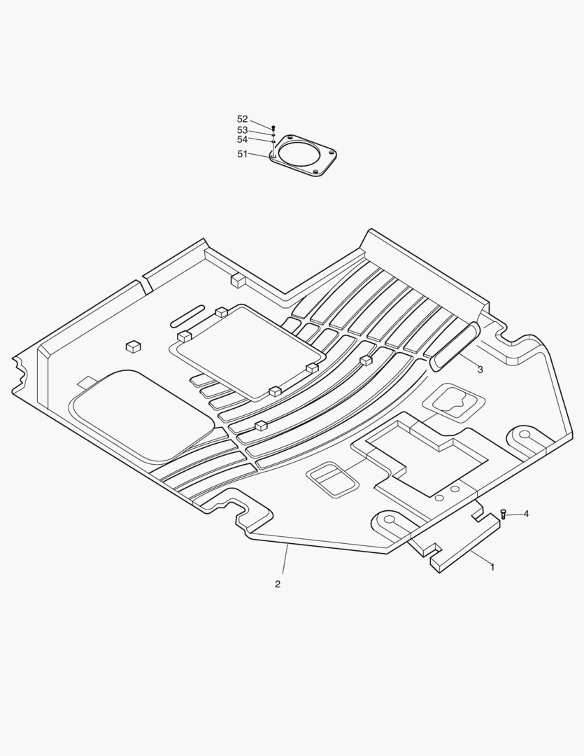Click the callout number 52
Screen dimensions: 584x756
(243, 119)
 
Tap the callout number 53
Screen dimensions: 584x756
(243, 130)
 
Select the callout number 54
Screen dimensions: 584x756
(243, 139)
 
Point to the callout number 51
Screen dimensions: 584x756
(243, 154)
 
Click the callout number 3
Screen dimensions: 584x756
(480, 370)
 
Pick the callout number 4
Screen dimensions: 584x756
(526, 514)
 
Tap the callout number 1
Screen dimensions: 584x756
(492, 568)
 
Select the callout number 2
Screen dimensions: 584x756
(278, 584)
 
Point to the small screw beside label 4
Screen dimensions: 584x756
(504, 514)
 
